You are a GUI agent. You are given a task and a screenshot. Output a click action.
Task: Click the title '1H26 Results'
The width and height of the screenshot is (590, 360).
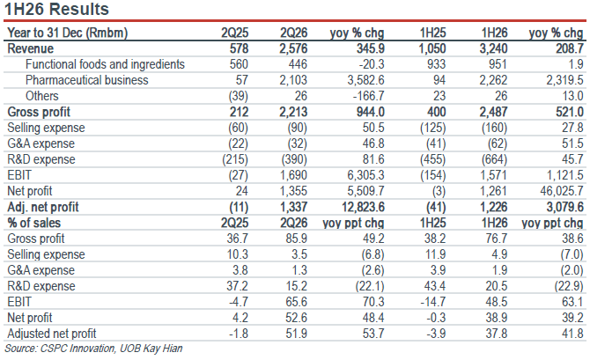coord(56,9)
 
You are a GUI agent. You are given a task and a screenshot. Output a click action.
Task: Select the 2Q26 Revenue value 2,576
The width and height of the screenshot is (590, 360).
coord(293,49)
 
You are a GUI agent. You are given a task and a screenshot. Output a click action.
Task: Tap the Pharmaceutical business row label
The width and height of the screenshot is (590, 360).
coord(87,80)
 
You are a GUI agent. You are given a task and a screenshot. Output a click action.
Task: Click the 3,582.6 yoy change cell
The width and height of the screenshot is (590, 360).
coord(365,80)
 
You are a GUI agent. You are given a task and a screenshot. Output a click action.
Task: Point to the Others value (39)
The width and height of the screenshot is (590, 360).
coord(238,96)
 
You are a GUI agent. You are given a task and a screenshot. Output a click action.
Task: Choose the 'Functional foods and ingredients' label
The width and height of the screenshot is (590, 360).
coord(105,64)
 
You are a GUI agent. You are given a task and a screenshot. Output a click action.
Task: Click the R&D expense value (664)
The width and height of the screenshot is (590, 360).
coord(494,159)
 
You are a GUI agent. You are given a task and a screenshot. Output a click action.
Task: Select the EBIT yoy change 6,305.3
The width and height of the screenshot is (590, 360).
coord(365,175)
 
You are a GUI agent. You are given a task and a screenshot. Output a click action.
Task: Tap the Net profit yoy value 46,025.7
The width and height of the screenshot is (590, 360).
coord(562,191)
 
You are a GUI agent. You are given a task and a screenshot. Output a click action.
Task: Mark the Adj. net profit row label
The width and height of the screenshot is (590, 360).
coord(43,207)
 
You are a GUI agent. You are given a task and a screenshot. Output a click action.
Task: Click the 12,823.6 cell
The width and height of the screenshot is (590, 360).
coord(363,207)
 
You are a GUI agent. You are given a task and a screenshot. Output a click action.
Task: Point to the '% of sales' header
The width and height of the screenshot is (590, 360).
coord(33,223)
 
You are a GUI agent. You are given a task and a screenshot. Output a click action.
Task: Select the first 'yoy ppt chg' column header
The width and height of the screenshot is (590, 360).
coord(353,223)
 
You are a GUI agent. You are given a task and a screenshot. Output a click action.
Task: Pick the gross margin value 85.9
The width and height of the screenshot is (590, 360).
coord(296,239)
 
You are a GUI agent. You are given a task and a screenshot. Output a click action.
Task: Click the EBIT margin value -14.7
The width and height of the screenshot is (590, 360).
coord(436,302)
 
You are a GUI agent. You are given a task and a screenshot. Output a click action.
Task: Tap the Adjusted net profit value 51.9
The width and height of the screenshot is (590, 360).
coord(296,334)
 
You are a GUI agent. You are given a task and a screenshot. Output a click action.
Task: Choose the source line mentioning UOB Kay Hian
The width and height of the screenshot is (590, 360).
coord(93,349)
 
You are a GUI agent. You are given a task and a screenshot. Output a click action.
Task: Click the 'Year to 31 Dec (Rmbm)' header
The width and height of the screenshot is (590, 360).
coord(67,33)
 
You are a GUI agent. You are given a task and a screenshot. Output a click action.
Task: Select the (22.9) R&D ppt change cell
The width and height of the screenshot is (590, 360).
coord(569,286)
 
